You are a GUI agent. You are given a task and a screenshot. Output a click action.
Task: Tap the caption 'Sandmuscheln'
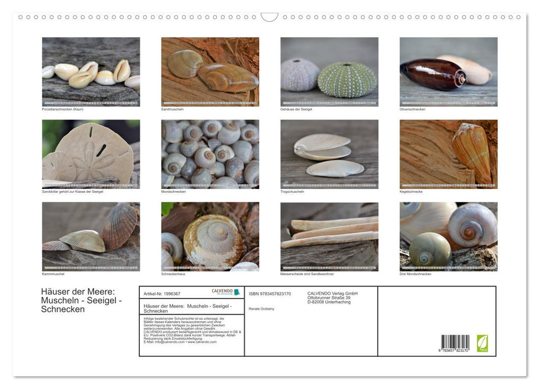tap(172, 109)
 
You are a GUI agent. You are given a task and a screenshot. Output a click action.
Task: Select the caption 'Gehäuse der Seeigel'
tap(296, 109)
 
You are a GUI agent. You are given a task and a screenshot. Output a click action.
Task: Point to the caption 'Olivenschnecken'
tap(412, 109)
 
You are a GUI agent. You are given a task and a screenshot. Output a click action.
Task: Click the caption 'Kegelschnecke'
tap(411, 191)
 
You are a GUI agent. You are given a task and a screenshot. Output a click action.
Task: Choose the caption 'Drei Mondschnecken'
tap(415, 274)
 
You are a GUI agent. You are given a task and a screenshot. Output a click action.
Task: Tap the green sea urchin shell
tap(346, 79)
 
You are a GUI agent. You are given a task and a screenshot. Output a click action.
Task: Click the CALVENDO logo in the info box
tap(225, 292)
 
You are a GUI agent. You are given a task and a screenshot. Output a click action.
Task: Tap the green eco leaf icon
tap(482, 343)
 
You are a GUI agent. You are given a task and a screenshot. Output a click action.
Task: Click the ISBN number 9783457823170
tap(270, 293)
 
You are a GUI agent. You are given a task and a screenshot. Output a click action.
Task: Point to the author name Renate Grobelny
tap(261, 308)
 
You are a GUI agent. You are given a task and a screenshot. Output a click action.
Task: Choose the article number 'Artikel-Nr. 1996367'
tap(162, 293)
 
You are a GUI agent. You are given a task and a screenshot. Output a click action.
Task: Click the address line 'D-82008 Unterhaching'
tap(329, 302)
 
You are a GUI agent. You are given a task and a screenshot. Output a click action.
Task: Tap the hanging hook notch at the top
tap(269, 17)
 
